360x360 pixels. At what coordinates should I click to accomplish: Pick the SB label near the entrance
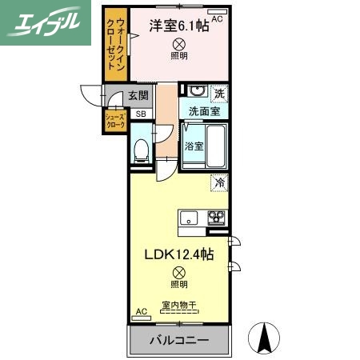click(x=140, y=114)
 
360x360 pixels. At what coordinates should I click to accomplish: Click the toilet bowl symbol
click(x=141, y=150)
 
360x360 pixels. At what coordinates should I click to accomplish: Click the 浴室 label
click(x=193, y=146)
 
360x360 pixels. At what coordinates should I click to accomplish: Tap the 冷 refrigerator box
click(x=219, y=183)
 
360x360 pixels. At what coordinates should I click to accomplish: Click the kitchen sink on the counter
click(x=190, y=217)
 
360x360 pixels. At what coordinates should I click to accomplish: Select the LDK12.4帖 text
click(x=178, y=254)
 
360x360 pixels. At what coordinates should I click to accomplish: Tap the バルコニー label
click(x=178, y=341)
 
